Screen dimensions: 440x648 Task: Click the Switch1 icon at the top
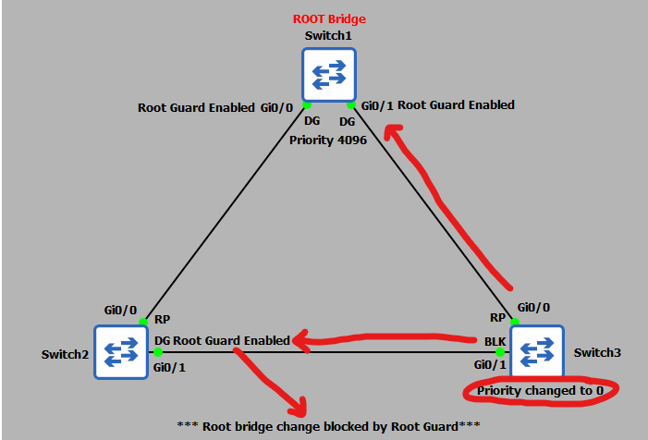pyautogui.click(x=328, y=75)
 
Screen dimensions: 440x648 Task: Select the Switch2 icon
pyautogui.click(x=121, y=350)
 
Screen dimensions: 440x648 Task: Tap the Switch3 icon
pyautogui.click(x=537, y=351)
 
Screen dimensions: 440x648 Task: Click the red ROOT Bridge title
pyautogui.click(x=328, y=18)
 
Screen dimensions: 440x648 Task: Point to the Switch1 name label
pyautogui.click(x=328, y=36)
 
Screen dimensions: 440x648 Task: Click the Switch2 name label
pyautogui.click(x=64, y=354)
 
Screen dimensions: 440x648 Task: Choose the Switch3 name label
pyautogui.click(x=597, y=352)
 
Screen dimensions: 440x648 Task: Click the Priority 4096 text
pyautogui.click(x=327, y=140)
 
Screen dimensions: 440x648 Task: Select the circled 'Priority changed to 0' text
pyautogui.click(x=541, y=391)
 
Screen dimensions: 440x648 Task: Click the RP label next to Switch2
pyautogui.click(x=162, y=320)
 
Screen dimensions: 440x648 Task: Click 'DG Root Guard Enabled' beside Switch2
pyautogui.click(x=221, y=341)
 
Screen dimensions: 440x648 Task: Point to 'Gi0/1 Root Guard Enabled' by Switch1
pyautogui.click(x=438, y=105)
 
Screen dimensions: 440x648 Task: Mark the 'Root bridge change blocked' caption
pyautogui.click(x=329, y=429)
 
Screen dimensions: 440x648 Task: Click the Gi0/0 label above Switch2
pyautogui.click(x=121, y=312)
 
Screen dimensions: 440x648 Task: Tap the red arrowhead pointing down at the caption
pyautogui.click(x=297, y=405)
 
